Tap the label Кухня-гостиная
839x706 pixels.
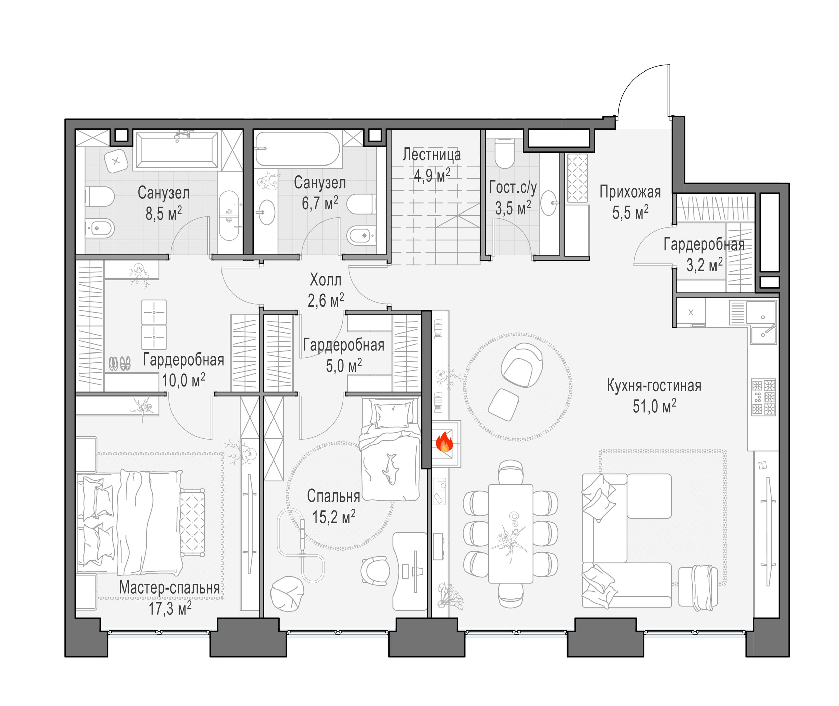pos(654,386)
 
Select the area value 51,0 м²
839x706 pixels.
pos(654,406)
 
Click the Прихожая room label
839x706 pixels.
pos(630,192)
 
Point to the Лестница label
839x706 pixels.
pos(432,154)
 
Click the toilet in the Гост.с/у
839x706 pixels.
pos(504,154)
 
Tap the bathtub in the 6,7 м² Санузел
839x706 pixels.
pos(298,149)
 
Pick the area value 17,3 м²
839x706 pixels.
pos(170,608)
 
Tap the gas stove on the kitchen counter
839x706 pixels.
pos(763,397)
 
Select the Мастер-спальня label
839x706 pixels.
pos(169,587)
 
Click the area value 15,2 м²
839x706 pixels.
pos(334,517)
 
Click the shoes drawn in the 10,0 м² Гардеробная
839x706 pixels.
pos(119,363)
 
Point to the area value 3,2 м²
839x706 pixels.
pos(704,265)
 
